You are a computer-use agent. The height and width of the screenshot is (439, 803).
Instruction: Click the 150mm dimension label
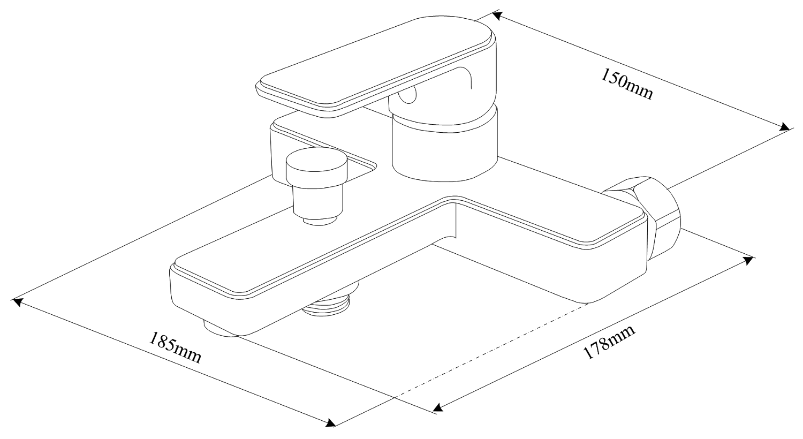(x=627, y=84)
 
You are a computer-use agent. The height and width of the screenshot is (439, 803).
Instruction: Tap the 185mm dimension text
(x=175, y=348)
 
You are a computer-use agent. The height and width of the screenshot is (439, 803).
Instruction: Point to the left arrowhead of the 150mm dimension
(x=496, y=15)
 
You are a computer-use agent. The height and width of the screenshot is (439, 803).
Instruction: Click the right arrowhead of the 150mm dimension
(x=785, y=127)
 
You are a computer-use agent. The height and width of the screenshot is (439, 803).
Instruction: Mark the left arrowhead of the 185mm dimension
(x=17, y=302)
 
